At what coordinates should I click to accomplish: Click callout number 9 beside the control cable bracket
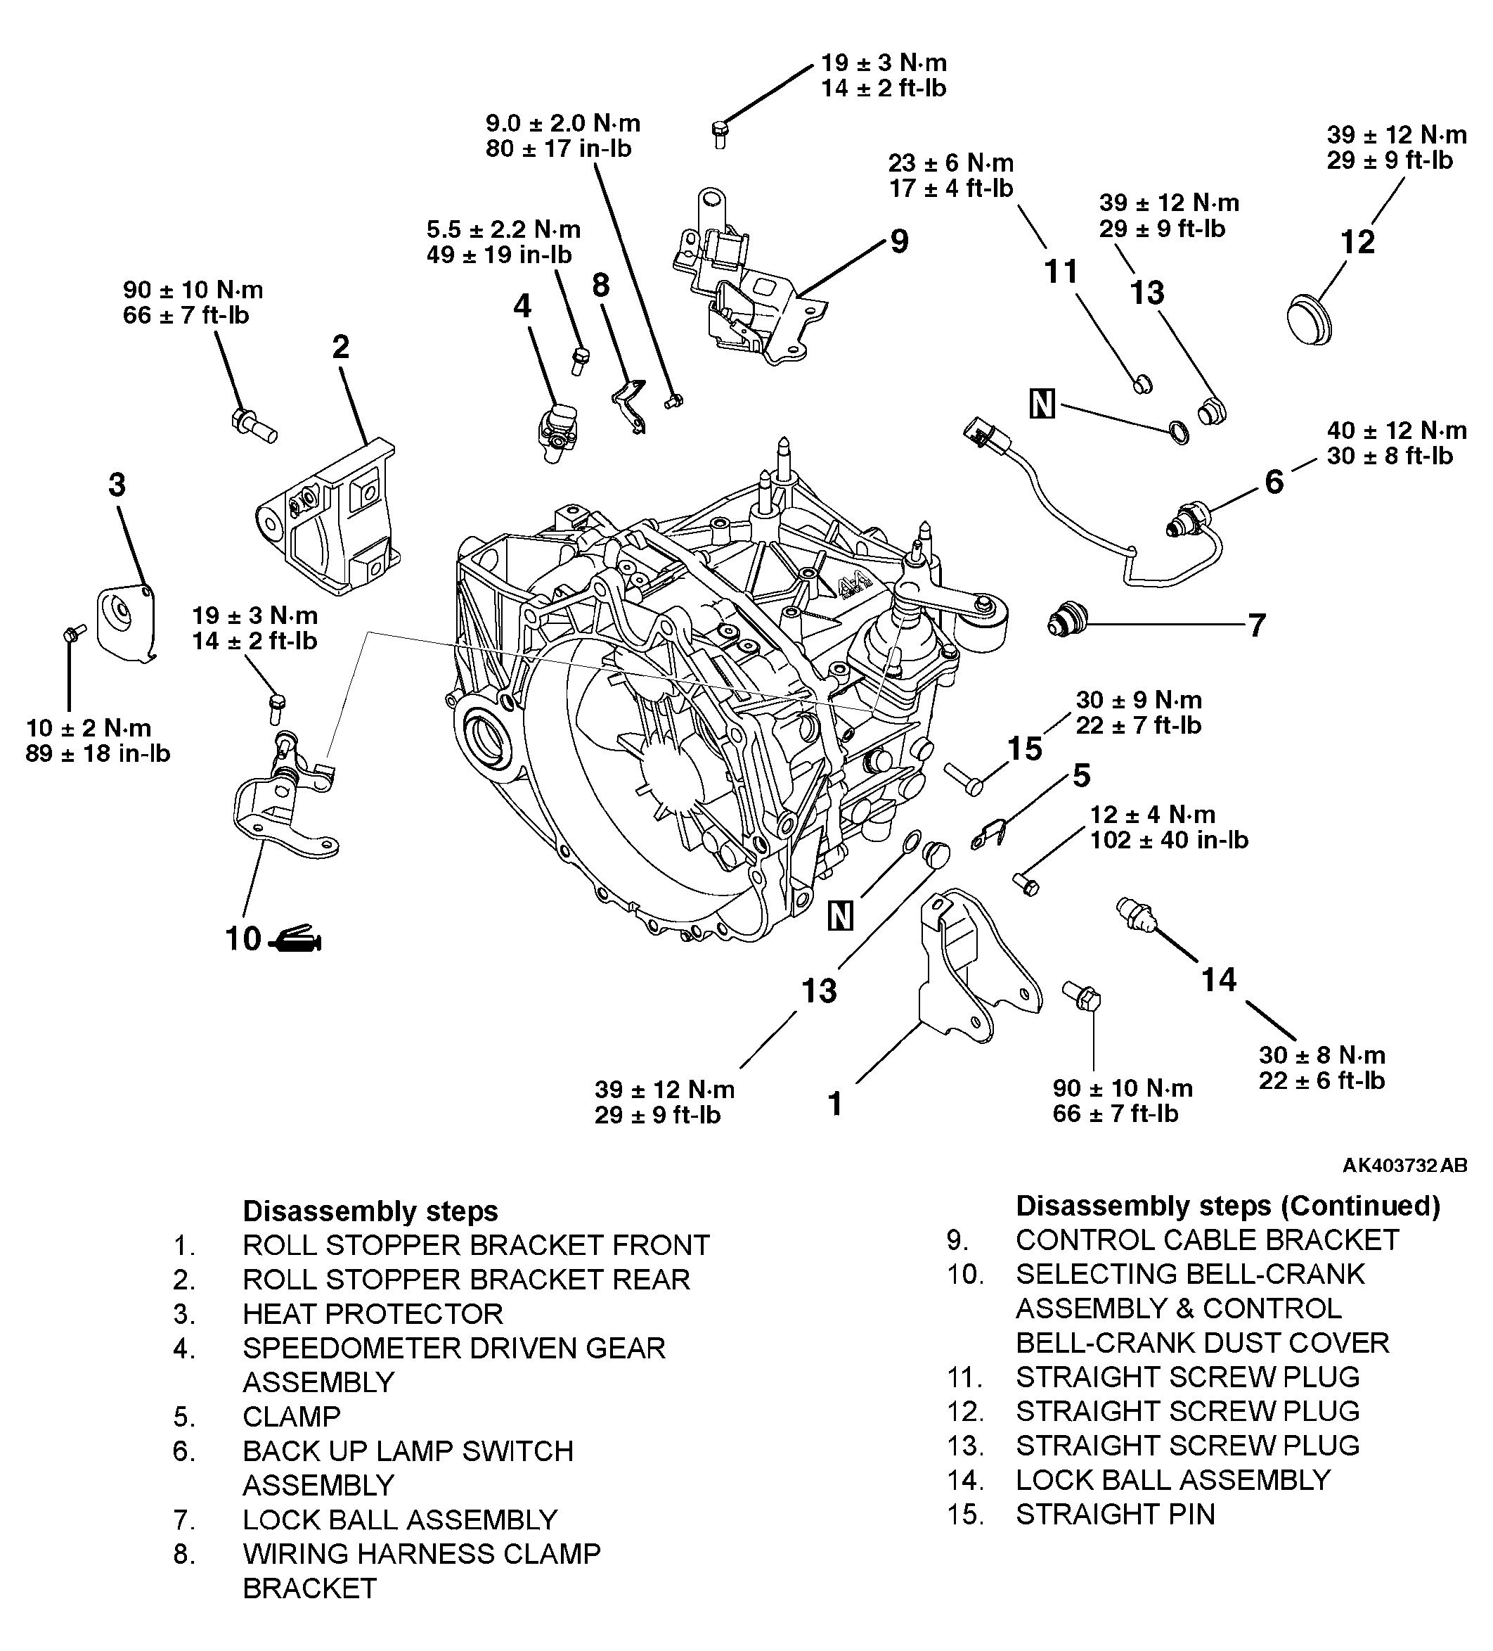pos(899,241)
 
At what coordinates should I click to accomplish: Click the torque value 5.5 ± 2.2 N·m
pos(503,229)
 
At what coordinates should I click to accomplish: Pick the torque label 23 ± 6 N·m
pos(951,162)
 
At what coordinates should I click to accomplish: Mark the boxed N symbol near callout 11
pos(1042,404)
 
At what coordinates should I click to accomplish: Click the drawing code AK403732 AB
pos(1404,1164)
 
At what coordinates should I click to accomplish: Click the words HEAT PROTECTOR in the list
pos(373,1313)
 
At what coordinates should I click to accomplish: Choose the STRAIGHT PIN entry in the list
pos(1115,1515)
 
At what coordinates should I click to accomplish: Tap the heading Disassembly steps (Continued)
pos(1228,1206)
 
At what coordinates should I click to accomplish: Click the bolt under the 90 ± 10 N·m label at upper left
pos(253,425)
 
